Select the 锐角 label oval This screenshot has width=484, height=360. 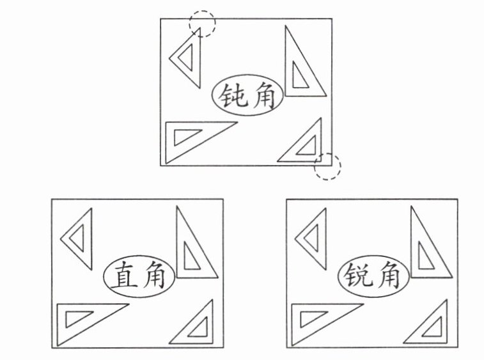[372, 277]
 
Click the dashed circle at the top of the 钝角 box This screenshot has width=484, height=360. [202, 24]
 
